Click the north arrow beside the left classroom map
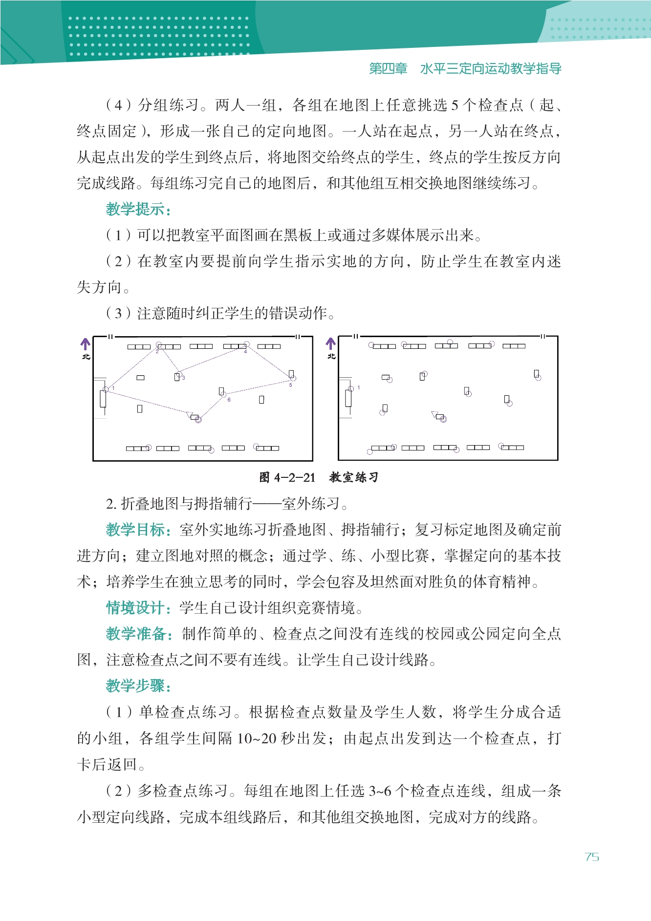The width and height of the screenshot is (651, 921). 86,344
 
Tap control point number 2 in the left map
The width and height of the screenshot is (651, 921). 159,345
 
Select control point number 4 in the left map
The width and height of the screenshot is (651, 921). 246,345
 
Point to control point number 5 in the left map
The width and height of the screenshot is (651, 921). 293,378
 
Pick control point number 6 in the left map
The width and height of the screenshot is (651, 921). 223,394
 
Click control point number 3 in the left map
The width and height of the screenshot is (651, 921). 179,374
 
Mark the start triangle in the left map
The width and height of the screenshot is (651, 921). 190,415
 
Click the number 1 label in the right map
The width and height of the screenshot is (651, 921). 359,387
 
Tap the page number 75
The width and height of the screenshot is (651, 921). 592,857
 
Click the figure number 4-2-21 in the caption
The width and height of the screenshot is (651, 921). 295,477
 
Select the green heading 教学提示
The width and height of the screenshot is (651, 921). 138,209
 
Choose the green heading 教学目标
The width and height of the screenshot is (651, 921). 138,530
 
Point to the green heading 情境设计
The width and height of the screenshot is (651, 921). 138,608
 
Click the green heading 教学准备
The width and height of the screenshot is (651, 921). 138,634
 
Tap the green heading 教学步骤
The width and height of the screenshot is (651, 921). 138,685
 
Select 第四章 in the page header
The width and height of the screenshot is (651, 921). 388,69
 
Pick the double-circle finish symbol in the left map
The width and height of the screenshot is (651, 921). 198,419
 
